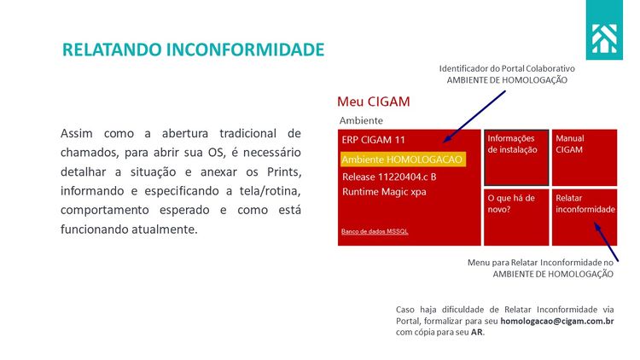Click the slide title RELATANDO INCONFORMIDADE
[x=194, y=49]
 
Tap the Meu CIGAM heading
[x=374, y=102]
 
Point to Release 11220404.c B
[x=389, y=177]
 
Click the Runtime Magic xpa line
[x=384, y=192]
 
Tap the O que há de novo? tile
[x=515, y=217]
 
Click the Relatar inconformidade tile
[x=584, y=217]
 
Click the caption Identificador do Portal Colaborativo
[x=507, y=67]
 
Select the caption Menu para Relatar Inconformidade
[x=540, y=262]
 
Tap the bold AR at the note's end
[x=477, y=332]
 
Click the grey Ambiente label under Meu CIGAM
[x=361, y=120]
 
